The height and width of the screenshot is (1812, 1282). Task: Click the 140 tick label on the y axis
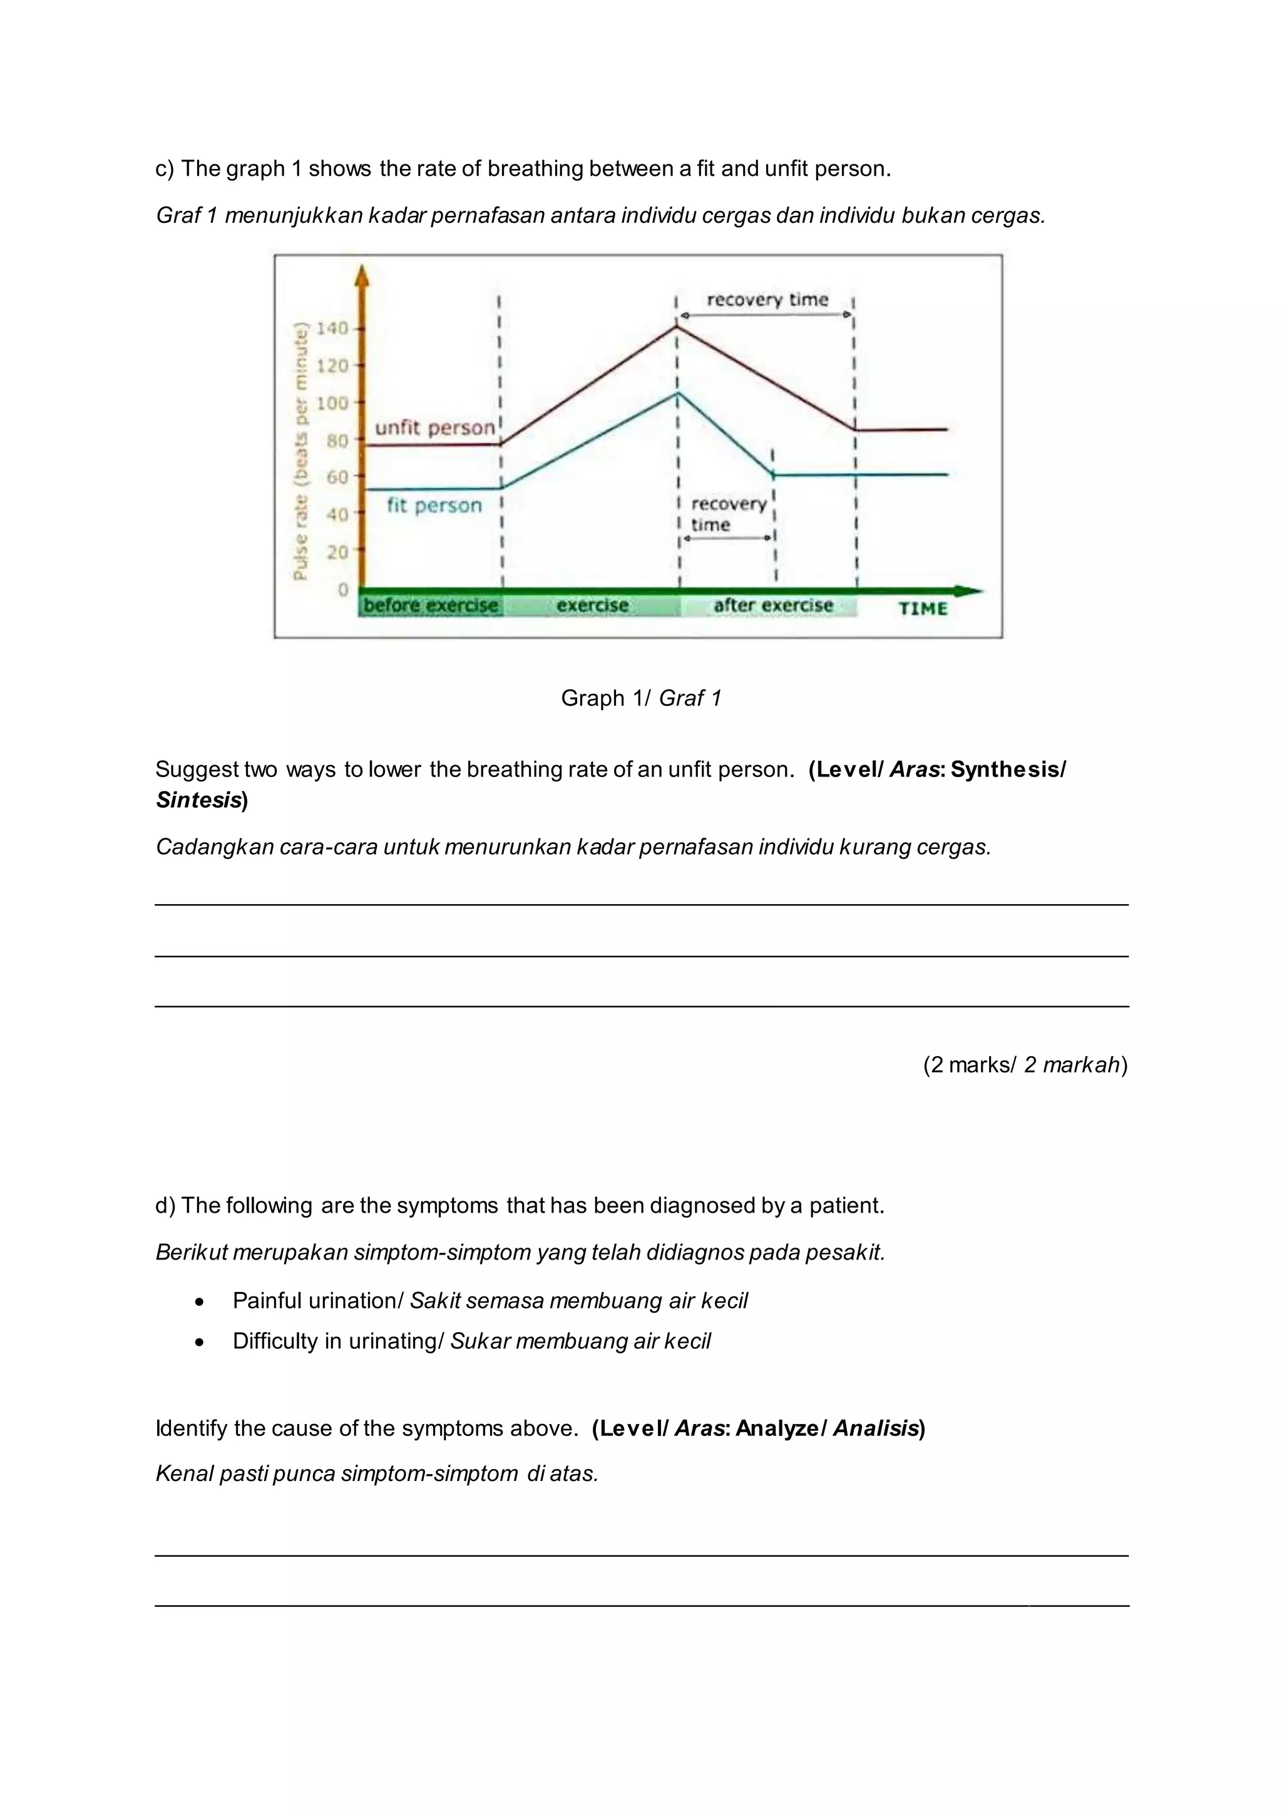(332, 328)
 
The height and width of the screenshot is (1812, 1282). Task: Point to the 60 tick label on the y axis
(337, 477)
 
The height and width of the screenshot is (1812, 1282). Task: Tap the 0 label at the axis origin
(342, 590)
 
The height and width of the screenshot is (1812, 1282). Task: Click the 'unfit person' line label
(435, 428)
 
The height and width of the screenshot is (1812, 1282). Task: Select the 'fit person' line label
(434, 505)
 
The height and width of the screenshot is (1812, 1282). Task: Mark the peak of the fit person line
(677, 393)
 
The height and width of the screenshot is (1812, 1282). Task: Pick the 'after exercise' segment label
(773, 605)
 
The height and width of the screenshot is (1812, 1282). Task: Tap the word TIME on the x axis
(922, 608)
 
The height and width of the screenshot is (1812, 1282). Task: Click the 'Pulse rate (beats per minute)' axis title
(300, 451)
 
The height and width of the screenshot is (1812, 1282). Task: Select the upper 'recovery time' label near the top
(767, 300)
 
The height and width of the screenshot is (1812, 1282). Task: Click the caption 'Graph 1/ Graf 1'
(641, 698)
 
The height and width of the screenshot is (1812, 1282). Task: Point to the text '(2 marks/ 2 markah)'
(1025, 1065)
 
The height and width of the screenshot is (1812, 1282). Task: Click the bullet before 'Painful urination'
(200, 1301)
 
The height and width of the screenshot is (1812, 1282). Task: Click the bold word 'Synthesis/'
(1007, 770)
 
